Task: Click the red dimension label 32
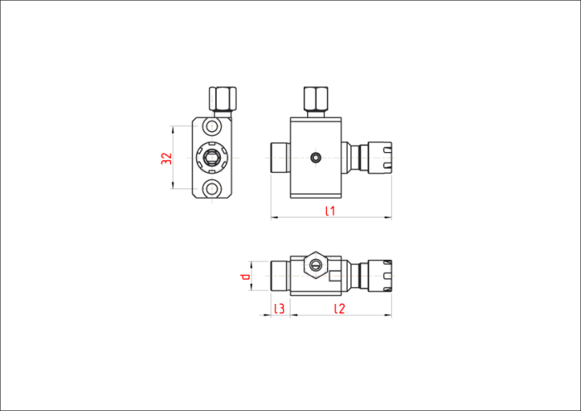pos(167,159)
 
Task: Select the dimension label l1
pos(330,211)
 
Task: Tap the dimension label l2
pos(339,308)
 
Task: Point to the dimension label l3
pos(280,308)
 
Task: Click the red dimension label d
pos(246,276)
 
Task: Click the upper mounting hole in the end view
pos(212,126)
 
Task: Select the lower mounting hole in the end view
pos(212,189)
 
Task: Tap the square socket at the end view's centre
pos(212,158)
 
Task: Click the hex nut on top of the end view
pos(222,99)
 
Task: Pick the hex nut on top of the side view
pos(315,99)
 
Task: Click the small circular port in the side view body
pos(315,158)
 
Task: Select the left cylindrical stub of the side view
pos(281,158)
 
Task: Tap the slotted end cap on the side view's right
pos(380,158)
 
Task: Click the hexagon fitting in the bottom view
pos(315,265)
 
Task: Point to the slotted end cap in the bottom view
pos(380,276)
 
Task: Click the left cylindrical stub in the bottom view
pos(281,276)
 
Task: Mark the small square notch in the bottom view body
pos(335,276)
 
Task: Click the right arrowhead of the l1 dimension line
pos(388,218)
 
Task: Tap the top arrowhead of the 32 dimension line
pos(173,129)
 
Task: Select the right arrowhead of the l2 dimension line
pos(388,316)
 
